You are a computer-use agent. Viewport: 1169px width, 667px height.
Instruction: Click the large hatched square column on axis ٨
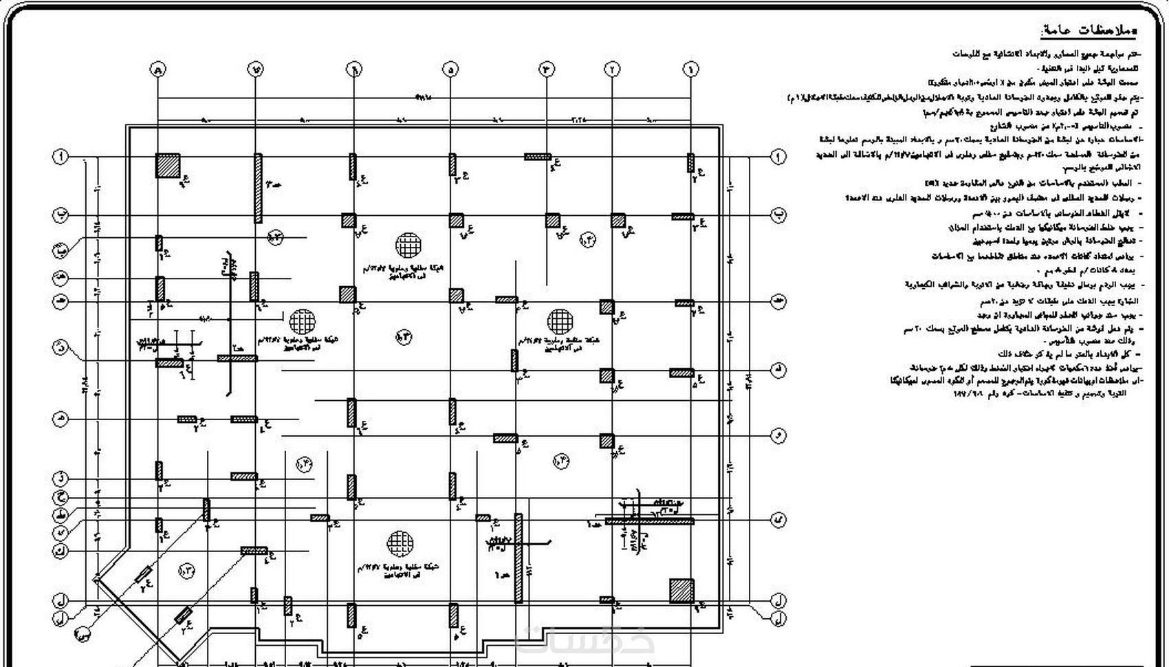click(168, 166)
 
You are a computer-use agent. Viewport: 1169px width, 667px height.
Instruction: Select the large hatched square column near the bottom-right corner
click(682, 591)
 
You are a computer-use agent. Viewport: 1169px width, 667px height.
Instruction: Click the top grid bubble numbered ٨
click(158, 69)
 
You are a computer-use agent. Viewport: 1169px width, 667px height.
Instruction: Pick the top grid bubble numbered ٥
click(451, 69)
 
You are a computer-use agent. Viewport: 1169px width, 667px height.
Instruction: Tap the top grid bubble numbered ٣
click(547, 69)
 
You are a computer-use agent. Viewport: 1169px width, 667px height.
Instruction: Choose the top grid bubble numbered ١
click(690, 69)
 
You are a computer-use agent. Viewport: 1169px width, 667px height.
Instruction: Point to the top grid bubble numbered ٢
click(611, 69)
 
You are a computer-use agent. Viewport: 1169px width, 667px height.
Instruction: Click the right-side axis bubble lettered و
click(778, 435)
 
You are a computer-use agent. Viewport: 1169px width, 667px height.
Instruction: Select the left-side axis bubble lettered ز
click(61, 477)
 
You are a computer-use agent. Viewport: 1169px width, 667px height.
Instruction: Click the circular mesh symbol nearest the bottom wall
click(399, 543)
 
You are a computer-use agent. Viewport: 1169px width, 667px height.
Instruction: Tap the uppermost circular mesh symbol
click(408, 245)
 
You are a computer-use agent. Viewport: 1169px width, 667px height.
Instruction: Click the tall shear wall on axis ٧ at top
click(258, 188)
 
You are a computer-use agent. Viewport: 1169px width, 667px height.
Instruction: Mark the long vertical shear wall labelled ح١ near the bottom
click(518, 558)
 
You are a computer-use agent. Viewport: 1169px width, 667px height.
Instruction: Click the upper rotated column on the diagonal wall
click(144, 575)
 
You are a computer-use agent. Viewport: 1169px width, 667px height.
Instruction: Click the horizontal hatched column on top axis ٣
click(538, 157)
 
